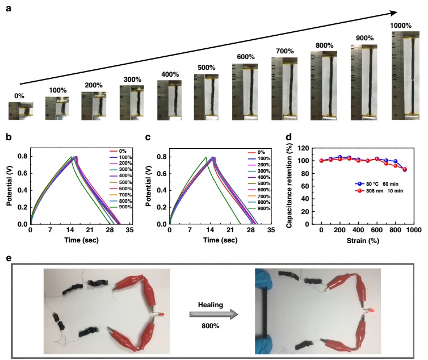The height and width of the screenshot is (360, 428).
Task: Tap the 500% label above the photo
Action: pyautogui.click(x=205, y=68)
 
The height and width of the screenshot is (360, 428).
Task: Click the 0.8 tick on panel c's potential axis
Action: pyautogui.click(x=165, y=157)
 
